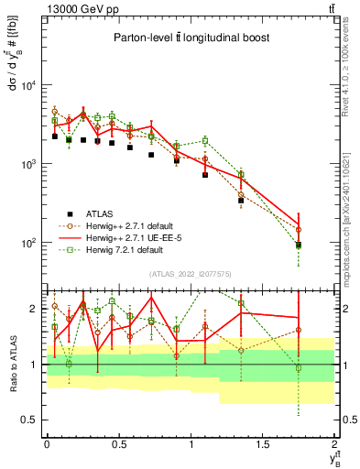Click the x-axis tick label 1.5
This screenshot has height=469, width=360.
[263, 442]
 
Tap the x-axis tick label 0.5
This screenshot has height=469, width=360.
[118, 442]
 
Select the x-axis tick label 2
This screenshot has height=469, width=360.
[334, 442]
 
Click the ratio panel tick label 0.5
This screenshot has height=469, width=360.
[32, 420]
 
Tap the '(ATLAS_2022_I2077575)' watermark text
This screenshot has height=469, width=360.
[190, 273]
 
